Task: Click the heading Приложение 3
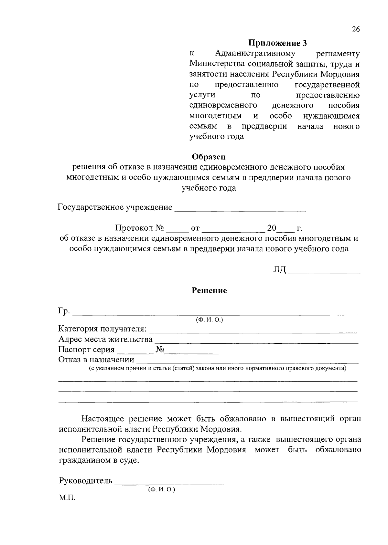pyautogui.click(x=277, y=43)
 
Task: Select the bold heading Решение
pyautogui.click(x=209, y=290)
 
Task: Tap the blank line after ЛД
pyautogui.click(x=324, y=272)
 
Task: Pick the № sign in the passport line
pyautogui.click(x=160, y=350)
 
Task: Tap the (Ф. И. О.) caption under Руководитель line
pyautogui.click(x=161, y=489)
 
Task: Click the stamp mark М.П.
pyautogui.click(x=67, y=498)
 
